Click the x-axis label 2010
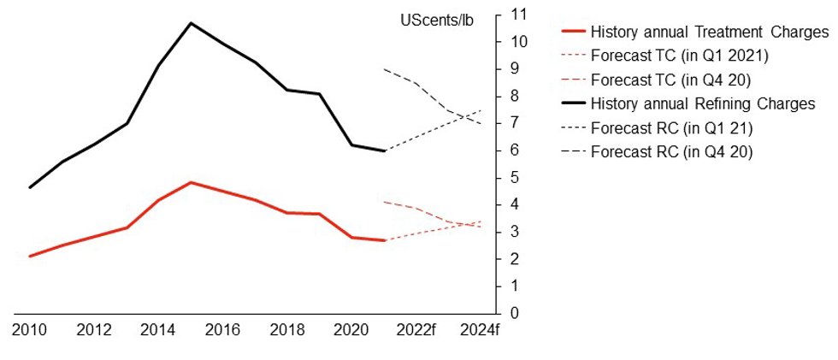[30, 331]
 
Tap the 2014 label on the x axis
[158, 331]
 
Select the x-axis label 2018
[287, 331]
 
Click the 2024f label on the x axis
[480, 331]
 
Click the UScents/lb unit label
[437, 22]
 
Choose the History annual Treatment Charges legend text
[710, 32]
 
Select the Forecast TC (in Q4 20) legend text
[672, 80]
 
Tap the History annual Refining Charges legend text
[703, 103]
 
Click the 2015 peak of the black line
[191, 23]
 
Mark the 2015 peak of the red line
[191, 182]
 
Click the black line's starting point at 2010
[30, 187]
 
